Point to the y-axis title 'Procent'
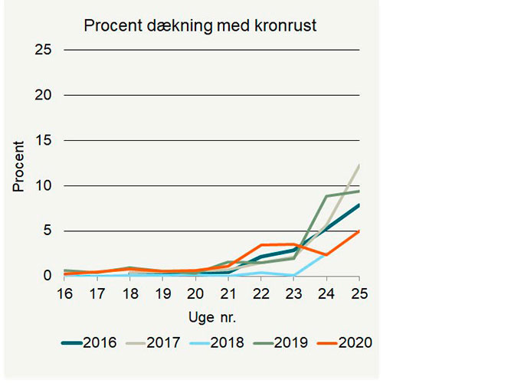point(18,166)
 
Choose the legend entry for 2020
point(355,342)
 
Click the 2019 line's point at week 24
point(326,196)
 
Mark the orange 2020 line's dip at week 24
point(326,254)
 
